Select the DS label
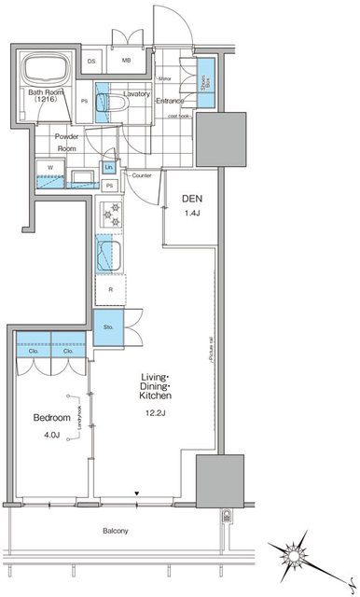[x=91, y=62]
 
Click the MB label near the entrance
[x=125, y=62]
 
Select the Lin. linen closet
[x=109, y=167]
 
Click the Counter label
[x=143, y=175]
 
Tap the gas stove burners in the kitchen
[x=111, y=217]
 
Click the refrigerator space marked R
[x=111, y=290]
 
